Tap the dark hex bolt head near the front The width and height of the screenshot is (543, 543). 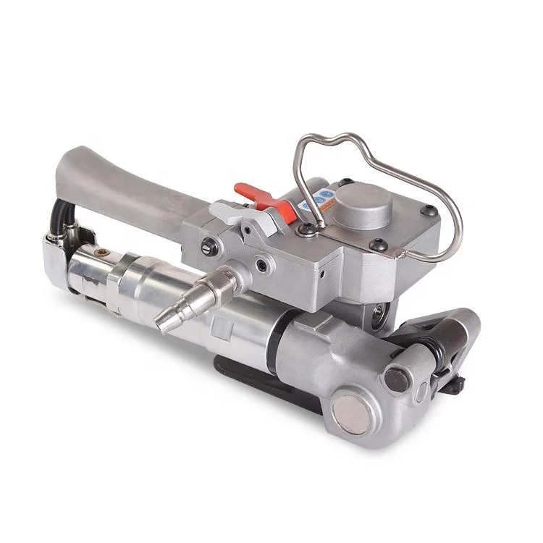click(x=396, y=377)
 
